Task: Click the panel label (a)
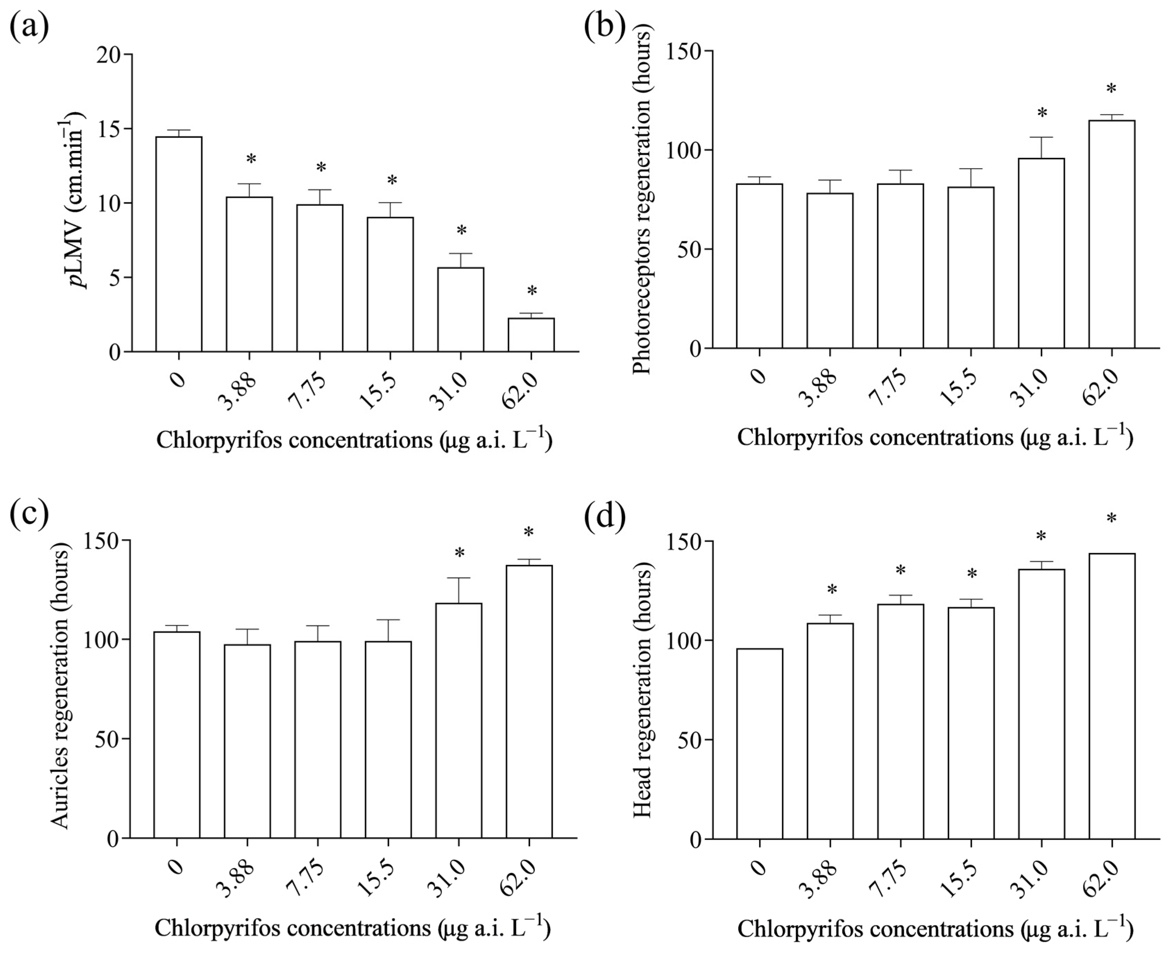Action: tap(29, 25)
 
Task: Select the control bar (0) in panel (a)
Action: tap(178, 244)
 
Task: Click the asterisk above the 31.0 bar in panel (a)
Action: tap(461, 231)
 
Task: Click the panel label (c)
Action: tap(29, 513)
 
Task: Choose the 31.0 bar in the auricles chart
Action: tap(459, 721)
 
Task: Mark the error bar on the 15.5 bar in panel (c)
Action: tap(388, 630)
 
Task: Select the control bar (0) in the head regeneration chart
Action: tap(759, 744)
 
